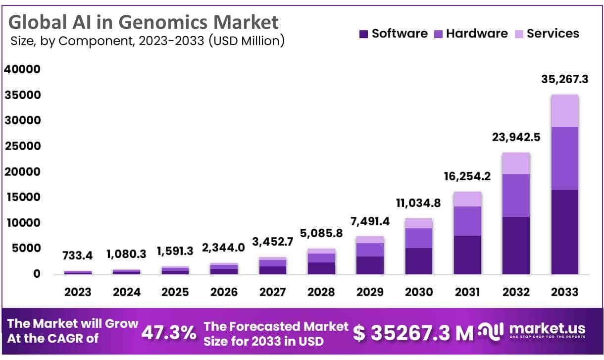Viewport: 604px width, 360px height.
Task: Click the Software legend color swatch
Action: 363,34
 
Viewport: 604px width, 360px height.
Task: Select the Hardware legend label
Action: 477,34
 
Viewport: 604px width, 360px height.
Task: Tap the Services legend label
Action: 553,34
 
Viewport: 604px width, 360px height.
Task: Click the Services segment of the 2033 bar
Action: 564,110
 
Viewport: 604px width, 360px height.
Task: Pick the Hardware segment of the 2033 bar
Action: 564,158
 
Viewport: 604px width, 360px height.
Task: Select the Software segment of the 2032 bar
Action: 516,245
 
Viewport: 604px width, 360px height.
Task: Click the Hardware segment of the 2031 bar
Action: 467,221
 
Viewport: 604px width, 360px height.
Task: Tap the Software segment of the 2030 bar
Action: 419,261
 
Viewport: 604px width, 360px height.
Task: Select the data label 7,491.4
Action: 370,221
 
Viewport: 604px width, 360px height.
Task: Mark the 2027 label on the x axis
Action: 273,292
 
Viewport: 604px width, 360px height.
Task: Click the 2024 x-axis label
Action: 127,292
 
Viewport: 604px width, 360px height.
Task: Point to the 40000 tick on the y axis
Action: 22,69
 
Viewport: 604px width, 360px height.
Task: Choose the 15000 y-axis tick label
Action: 22,197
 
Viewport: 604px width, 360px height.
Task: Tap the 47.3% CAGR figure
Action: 169,333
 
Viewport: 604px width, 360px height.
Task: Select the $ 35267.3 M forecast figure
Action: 413,333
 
